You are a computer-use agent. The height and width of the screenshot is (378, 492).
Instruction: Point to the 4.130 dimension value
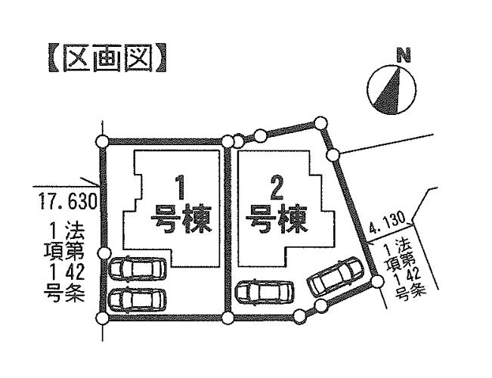tap(388, 225)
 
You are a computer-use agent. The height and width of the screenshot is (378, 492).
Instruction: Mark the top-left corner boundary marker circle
tap(103, 140)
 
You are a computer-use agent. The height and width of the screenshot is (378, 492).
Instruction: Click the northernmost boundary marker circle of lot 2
tap(321, 121)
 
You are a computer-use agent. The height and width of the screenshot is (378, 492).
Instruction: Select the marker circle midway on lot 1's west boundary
tap(105, 253)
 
